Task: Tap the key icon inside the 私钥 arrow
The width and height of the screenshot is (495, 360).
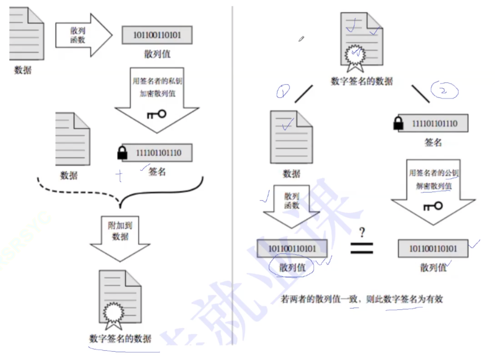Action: point(156,114)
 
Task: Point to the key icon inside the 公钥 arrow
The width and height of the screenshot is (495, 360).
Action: point(432,206)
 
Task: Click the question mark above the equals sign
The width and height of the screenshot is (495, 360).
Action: point(362,233)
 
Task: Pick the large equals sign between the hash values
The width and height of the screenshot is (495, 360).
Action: point(362,248)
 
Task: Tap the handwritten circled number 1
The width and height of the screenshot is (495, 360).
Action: point(283,92)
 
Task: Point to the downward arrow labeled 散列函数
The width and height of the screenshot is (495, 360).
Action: point(292,207)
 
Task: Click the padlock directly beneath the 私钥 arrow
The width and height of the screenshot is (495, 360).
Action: point(122,153)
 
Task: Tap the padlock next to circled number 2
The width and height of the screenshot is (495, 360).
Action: point(399,123)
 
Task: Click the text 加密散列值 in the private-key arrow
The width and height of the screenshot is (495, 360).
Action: point(157,94)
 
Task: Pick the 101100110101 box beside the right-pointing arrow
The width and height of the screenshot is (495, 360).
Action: point(157,35)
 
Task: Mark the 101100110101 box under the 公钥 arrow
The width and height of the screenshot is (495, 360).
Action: point(433,249)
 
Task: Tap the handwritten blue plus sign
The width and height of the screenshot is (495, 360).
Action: point(120,176)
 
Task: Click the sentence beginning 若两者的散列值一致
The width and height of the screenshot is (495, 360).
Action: point(362,299)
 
